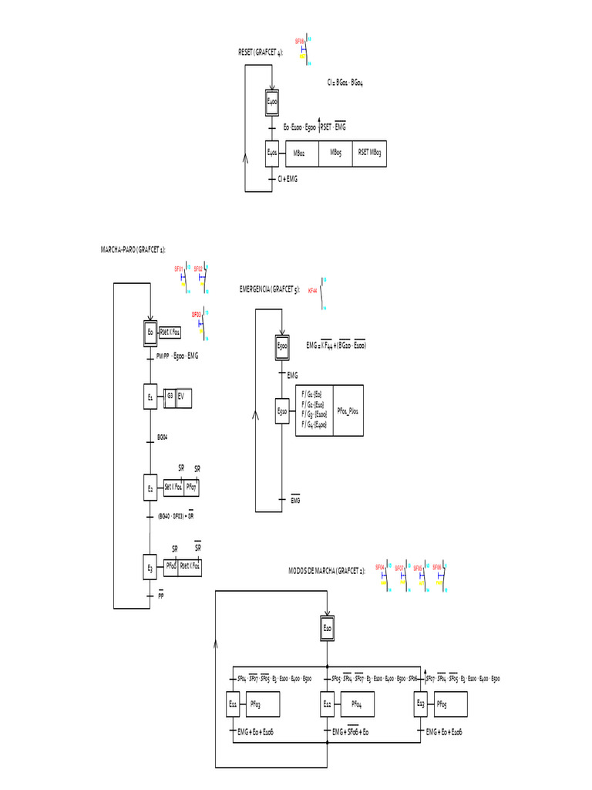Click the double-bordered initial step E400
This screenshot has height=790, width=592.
pos(272,102)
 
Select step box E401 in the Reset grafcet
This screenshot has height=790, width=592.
pos(272,153)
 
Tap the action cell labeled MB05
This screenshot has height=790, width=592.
pos(335,154)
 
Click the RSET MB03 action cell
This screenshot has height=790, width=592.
pos(369,154)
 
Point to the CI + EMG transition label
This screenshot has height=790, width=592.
pos(288,179)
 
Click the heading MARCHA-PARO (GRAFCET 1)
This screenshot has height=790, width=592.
pos(133,249)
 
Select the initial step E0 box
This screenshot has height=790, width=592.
pos(151,332)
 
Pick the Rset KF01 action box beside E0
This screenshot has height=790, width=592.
pos(170,332)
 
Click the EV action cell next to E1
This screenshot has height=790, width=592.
pos(183,397)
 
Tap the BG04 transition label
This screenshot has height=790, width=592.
pos(163,437)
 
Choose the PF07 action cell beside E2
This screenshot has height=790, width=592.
pos(192,488)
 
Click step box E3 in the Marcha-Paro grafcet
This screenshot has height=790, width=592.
pos(151,568)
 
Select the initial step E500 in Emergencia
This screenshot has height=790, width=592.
pos(283,349)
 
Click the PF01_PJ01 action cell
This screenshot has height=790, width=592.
pos(348,412)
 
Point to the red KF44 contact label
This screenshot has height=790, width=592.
pos(312,292)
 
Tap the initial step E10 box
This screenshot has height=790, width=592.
pos(328,630)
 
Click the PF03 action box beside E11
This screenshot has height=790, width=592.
pos(262,704)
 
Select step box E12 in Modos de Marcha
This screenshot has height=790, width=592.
pos(328,704)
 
